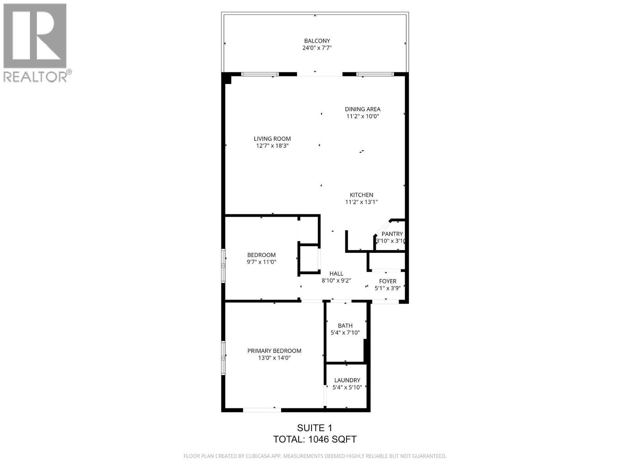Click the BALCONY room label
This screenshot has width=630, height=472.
pyautogui.click(x=317, y=41)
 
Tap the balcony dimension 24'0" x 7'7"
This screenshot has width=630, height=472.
pyautogui.click(x=317, y=48)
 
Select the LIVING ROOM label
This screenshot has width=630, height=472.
pyautogui.click(x=272, y=139)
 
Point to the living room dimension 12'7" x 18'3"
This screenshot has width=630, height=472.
pyautogui.click(x=272, y=146)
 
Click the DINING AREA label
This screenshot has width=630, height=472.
pyautogui.click(x=363, y=109)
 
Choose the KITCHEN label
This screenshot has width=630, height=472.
pyautogui.click(x=361, y=195)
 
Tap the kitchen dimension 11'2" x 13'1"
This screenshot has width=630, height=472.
pyautogui.click(x=361, y=202)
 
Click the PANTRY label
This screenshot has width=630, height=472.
pyautogui.click(x=392, y=234)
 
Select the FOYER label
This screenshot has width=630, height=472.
pyautogui.click(x=387, y=281)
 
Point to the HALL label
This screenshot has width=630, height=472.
pyautogui.click(x=336, y=274)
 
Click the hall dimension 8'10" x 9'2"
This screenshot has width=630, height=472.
pyautogui.click(x=336, y=281)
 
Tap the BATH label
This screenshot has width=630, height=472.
pyautogui.click(x=345, y=326)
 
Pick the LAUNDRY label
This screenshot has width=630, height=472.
pyautogui.click(x=347, y=380)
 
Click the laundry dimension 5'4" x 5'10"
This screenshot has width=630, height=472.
pyautogui.click(x=347, y=387)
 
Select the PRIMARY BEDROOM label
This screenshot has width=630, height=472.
pyautogui.click(x=274, y=351)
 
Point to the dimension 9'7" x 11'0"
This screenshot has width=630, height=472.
pyautogui.click(x=261, y=262)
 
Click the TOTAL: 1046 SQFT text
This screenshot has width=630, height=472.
pyautogui.click(x=315, y=439)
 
